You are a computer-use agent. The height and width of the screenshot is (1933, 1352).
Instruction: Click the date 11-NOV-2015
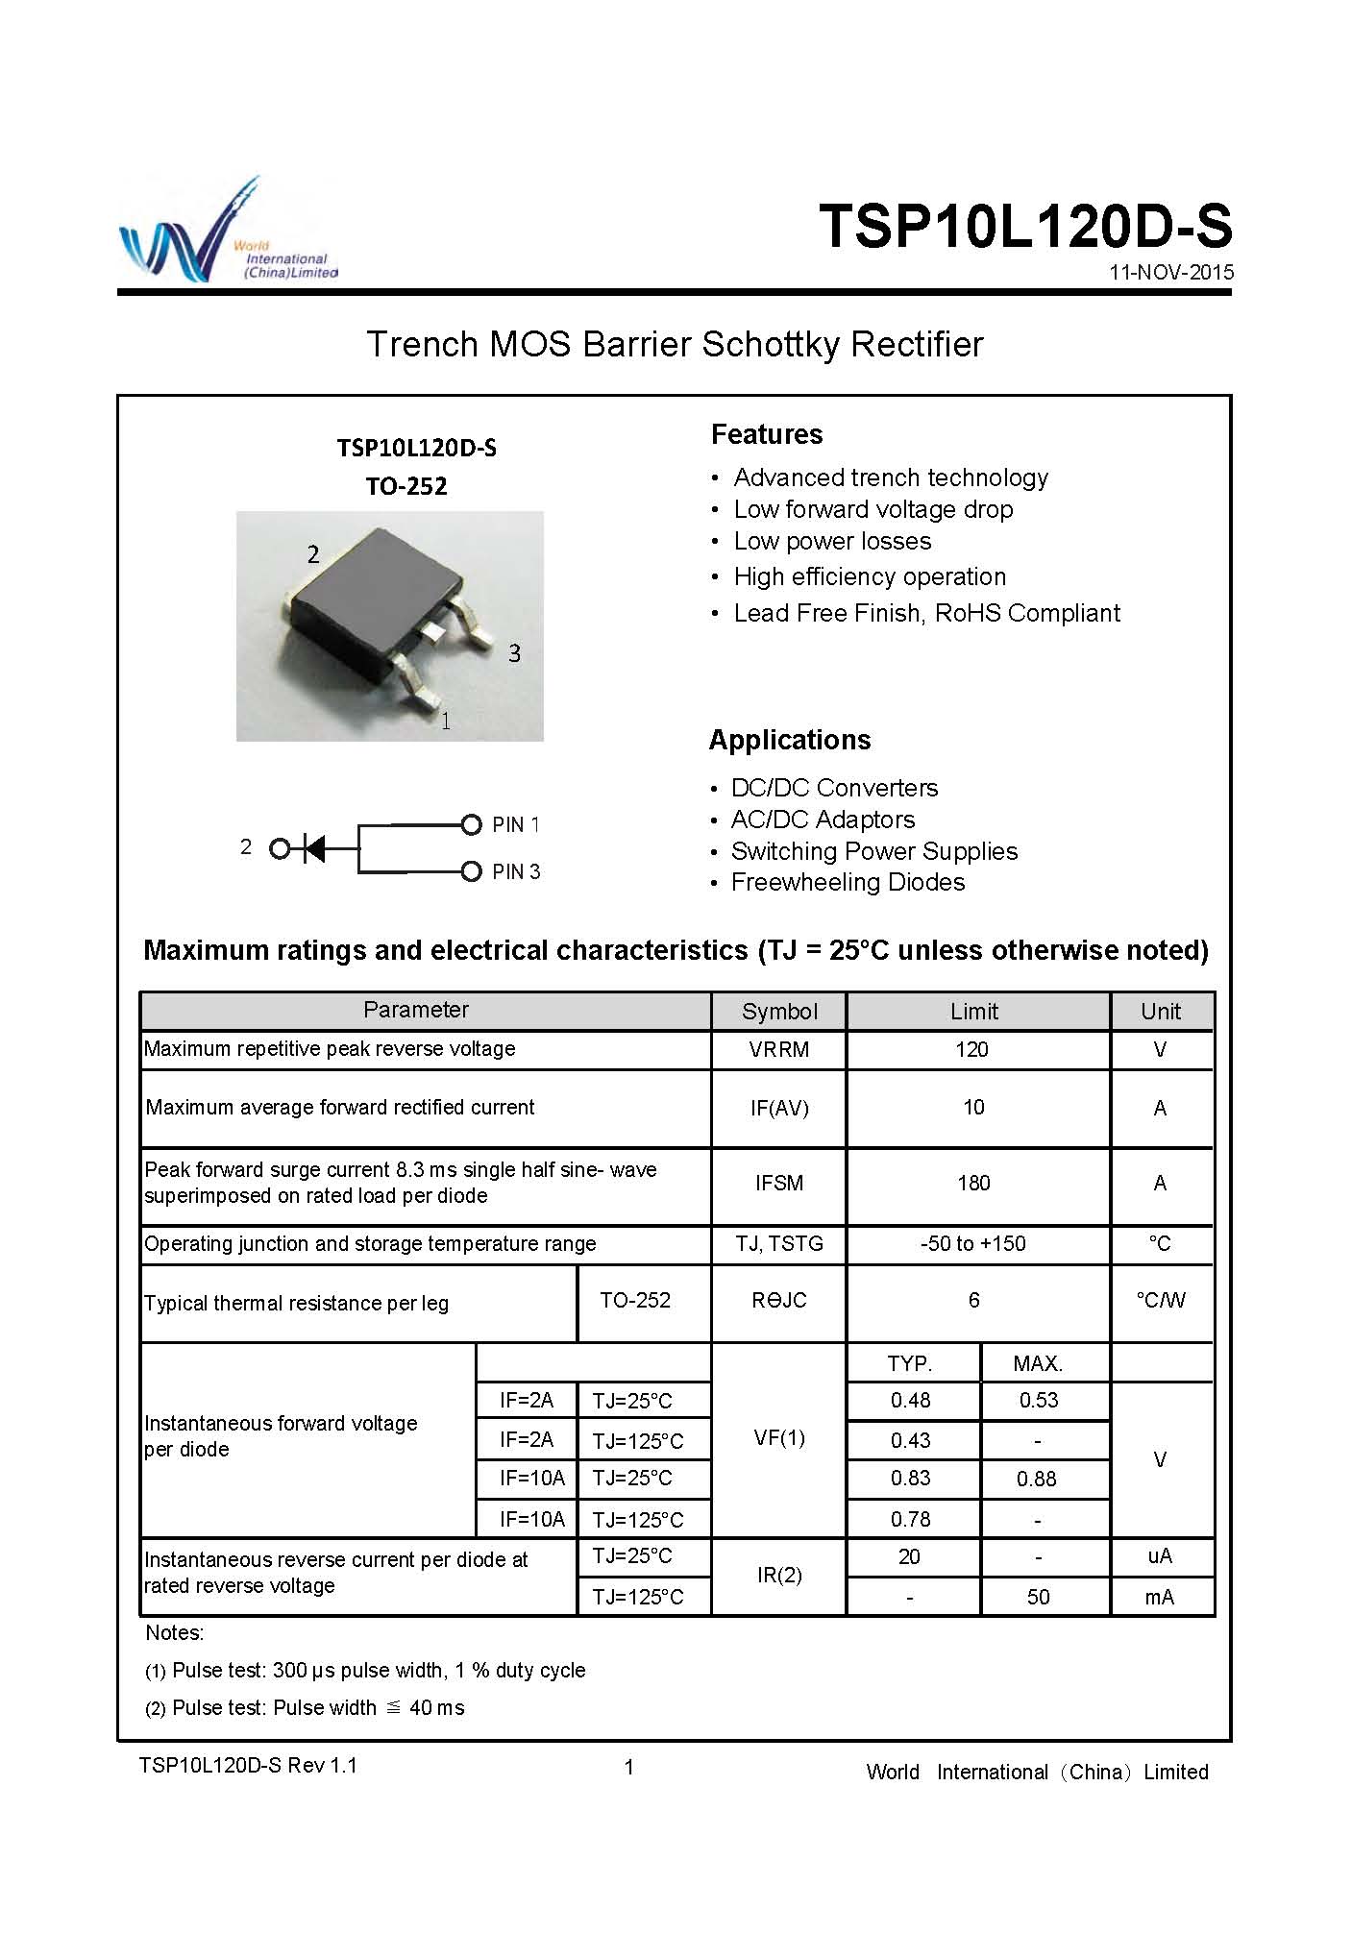coord(1170,272)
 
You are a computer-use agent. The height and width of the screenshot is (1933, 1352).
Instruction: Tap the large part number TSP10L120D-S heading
coord(1024,227)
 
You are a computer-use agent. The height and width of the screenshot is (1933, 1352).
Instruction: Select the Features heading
coord(767,434)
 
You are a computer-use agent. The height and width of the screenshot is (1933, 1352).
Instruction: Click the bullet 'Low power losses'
coord(832,542)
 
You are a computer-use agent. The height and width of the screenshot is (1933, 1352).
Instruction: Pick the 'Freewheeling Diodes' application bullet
coord(848,883)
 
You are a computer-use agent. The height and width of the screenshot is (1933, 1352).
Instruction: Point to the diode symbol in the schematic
coord(314,848)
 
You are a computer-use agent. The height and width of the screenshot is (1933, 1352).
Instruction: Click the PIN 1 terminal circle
coord(471,824)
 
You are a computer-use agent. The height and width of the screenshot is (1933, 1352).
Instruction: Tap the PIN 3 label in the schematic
coord(516,872)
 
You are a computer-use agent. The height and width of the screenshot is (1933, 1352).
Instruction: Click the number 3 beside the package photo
coord(514,654)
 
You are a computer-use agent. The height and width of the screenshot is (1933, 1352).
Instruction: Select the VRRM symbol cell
coord(778,1050)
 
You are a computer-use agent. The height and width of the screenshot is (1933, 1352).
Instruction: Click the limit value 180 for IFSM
coord(973,1184)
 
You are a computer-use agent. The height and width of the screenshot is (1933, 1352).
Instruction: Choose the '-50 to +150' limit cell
coord(973,1244)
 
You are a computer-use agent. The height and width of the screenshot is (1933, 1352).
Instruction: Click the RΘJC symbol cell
coord(778,1301)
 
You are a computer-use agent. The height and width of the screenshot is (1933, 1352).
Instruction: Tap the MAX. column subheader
coord(1038,1364)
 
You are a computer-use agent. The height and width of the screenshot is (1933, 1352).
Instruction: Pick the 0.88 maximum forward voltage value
coord(1037,1480)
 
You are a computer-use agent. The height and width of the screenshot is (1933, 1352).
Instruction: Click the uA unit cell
coord(1160,1556)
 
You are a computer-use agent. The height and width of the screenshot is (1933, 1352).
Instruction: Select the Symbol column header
coord(779,1012)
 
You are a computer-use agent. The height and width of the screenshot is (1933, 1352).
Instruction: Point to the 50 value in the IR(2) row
coord(1038,1598)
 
